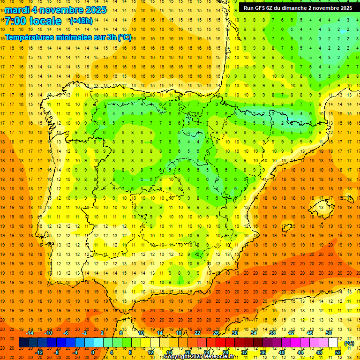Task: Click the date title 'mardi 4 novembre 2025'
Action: tap(55, 10)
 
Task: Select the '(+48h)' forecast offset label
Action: tap(81, 21)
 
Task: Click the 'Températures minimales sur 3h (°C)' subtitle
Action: tap(68, 37)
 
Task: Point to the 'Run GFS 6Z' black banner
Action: tap(298, 8)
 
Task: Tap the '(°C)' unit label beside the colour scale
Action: tap(349, 343)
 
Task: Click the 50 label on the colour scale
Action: tap(329, 333)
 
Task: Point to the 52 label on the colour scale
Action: tap(338, 352)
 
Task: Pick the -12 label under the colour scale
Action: tap(40, 352)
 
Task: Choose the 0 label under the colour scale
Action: tap(93, 352)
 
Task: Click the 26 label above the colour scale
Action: tap(216, 333)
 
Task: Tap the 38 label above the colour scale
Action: tap(272, 333)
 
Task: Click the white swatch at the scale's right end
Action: tap(333, 343)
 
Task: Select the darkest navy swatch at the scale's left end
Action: tap(23, 343)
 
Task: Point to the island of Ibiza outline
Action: tap(287, 228)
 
